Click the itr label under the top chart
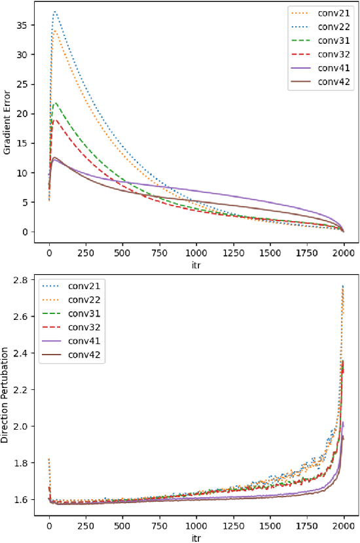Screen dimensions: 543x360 pos(196,266)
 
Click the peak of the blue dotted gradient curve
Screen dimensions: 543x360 pos(55,12)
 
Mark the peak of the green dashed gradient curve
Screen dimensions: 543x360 pos(56,103)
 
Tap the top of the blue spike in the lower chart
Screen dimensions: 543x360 pos(342,285)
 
